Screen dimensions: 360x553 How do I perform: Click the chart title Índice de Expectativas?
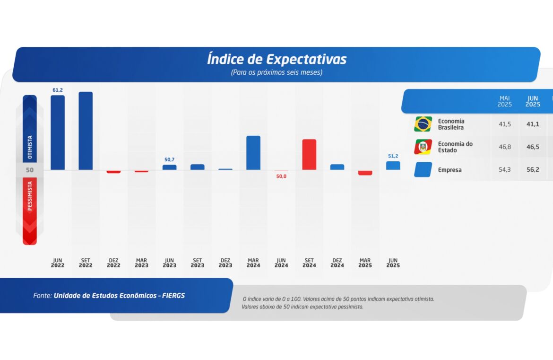click(x=276, y=60)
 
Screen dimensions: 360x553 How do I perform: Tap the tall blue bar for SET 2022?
click(x=86, y=131)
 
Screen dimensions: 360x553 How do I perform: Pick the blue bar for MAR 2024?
click(x=253, y=152)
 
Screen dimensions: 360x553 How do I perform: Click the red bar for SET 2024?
click(x=309, y=154)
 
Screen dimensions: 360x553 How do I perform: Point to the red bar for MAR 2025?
click(x=365, y=173)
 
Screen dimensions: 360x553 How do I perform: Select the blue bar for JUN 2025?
click(x=393, y=166)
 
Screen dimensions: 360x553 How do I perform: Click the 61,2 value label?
click(x=58, y=90)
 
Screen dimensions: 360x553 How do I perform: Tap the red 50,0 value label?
click(x=281, y=176)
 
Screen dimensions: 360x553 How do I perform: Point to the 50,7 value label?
click(x=170, y=160)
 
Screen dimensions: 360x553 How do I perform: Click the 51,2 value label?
click(x=393, y=156)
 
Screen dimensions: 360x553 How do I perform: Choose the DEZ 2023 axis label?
click(x=225, y=263)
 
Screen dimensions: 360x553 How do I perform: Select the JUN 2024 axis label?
click(x=281, y=263)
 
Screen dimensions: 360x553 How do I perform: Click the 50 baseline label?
click(x=30, y=170)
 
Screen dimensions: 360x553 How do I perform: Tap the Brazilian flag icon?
click(x=423, y=124)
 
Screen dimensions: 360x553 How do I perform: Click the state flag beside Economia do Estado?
click(x=423, y=147)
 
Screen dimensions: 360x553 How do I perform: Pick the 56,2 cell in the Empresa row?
click(x=533, y=169)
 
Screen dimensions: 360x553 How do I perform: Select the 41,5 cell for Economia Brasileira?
click(x=505, y=124)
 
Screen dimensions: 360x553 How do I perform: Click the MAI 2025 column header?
click(x=505, y=101)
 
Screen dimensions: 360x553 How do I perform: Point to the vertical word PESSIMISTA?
click(x=30, y=199)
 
